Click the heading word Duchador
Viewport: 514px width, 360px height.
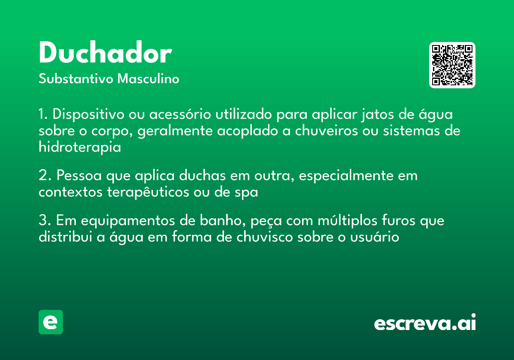pyautogui.click(x=105, y=54)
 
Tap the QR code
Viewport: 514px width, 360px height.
pyautogui.click(x=452, y=65)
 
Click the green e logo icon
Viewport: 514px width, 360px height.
pyautogui.click(x=51, y=322)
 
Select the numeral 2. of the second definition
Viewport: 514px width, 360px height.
pyautogui.click(x=45, y=176)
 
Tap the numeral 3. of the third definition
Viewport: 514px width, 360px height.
pyautogui.click(x=45, y=221)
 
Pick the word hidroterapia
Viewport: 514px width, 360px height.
pyautogui.click(x=80, y=147)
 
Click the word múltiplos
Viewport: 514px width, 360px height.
pyautogui.click(x=338, y=221)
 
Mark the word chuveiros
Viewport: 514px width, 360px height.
pyautogui.click(x=324, y=131)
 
